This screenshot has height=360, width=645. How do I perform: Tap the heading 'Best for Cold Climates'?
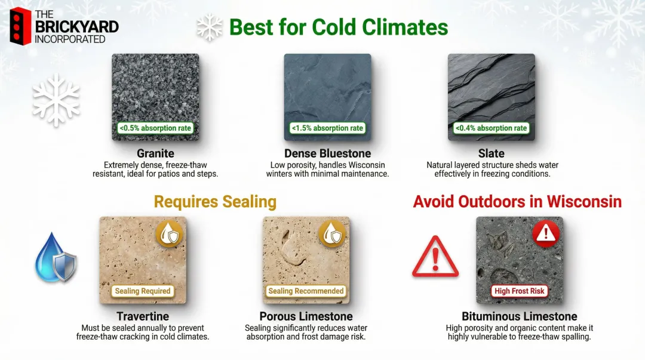[x=338, y=27]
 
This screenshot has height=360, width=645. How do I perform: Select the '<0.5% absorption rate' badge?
[x=155, y=128]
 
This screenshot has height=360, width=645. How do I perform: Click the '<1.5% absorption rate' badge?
[x=327, y=128]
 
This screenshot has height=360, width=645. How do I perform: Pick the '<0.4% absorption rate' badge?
[x=491, y=128]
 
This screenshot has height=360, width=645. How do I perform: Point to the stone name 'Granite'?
[x=155, y=153]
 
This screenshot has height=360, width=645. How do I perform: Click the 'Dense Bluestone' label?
[x=327, y=153]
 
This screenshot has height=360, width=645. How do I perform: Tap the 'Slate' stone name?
[x=491, y=153]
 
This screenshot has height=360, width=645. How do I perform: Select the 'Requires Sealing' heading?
[x=215, y=202]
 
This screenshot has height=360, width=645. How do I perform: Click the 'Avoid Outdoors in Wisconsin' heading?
[x=517, y=202]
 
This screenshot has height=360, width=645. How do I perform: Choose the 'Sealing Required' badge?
[x=143, y=291]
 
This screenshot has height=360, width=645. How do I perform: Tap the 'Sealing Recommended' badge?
[x=306, y=291]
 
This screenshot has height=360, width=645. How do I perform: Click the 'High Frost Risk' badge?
[x=520, y=291]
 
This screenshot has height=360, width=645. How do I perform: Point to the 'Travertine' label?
[x=143, y=316]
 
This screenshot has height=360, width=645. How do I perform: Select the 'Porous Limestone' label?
[x=306, y=316]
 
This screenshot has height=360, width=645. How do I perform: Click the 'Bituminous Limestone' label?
[x=520, y=316]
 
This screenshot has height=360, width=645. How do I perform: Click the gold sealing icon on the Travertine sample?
[x=171, y=234]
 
